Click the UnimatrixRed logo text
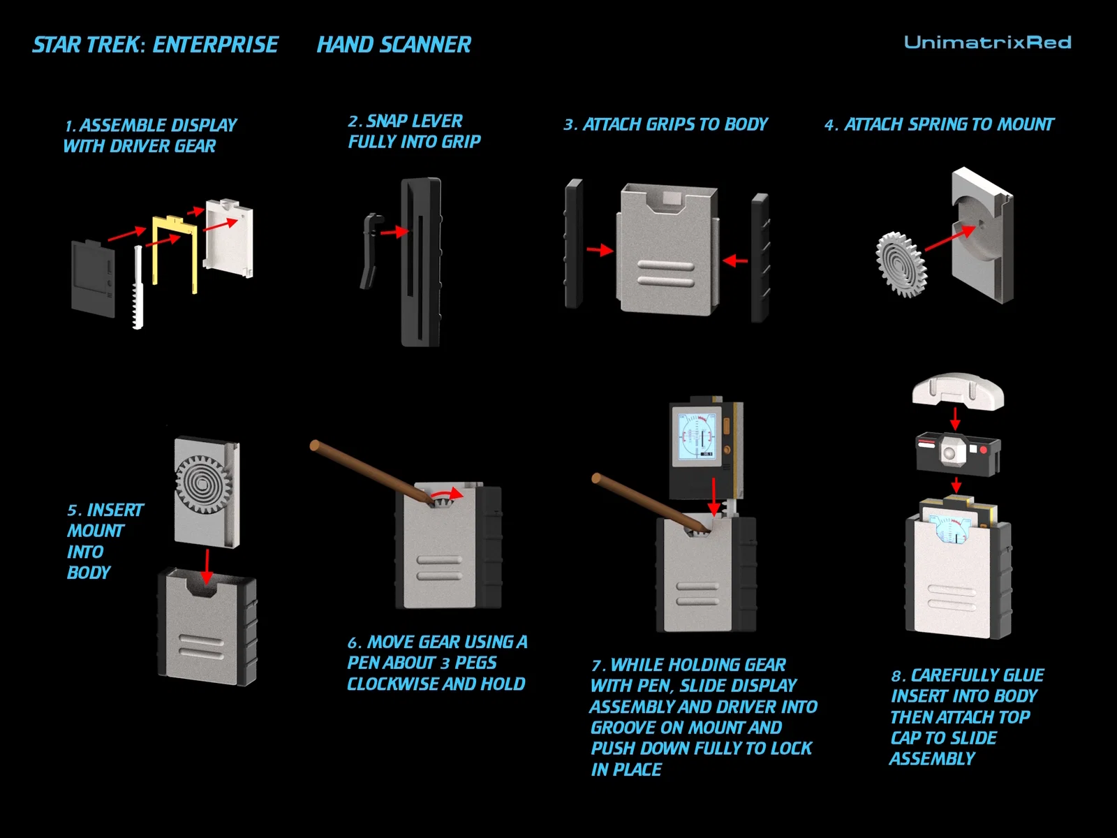coord(987,43)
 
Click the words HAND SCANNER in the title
coord(394,45)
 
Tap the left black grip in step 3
coord(574,244)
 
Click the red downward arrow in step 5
coord(207,566)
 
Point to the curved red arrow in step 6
coord(447,494)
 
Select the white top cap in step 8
coord(958,392)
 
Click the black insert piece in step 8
coord(958,453)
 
